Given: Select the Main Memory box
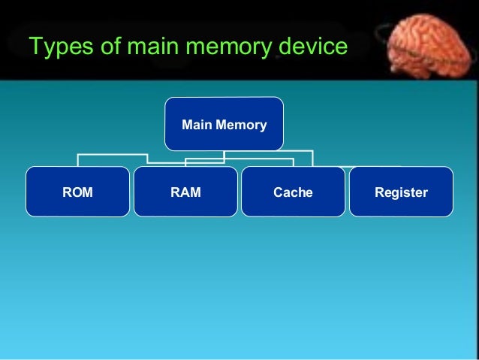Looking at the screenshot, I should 224,123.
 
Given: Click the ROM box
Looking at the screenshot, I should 77,192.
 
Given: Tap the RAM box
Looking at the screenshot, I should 185,192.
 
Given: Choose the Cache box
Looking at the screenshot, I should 293,192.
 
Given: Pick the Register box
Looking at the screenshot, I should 401,192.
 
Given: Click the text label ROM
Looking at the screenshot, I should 77,193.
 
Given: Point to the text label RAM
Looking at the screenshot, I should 185,193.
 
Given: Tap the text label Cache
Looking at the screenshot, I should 293,193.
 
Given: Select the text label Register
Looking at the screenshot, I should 401,193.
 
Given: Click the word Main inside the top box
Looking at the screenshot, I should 197,124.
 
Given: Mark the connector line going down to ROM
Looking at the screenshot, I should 78,161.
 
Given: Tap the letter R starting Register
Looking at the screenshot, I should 379,193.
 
